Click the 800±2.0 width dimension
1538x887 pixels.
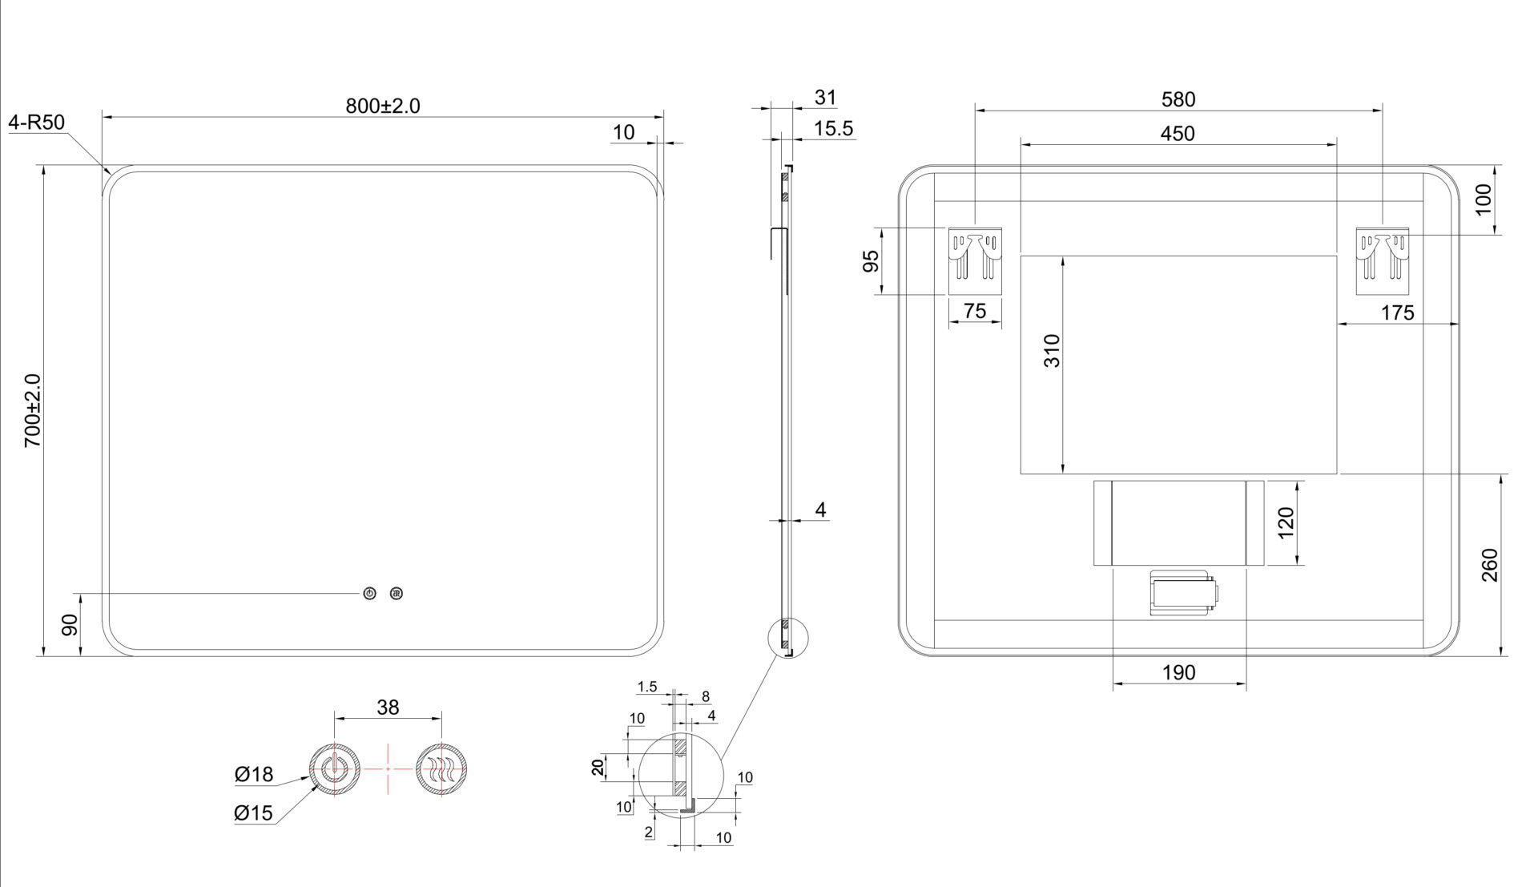tap(383, 106)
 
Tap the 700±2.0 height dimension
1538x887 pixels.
tap(33, 410)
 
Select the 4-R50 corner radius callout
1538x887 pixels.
tap(37, 123)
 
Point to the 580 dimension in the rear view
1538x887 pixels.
tap(1178, 99)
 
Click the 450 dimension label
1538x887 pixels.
tap(1178, 134)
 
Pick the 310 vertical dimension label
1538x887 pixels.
tap(1052, 351)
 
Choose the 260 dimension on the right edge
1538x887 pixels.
tap(1489, 565)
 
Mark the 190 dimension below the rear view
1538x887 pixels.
tap(1178, 673)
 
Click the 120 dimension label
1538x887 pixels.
tap(1286, 523)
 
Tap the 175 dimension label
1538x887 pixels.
tap(1397, 313)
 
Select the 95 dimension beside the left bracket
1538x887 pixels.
tap(871, 260)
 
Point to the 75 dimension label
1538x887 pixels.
tap(975, 311)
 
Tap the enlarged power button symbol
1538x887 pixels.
tap(335, 769)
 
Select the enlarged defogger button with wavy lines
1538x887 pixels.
tap(441, 769)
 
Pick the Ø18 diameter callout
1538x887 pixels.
tap(254, 774)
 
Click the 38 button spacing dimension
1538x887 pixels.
tap(388, 708)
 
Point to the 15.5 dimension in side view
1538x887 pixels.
tap(833, 129)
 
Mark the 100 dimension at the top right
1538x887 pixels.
tap(1484, 199)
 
